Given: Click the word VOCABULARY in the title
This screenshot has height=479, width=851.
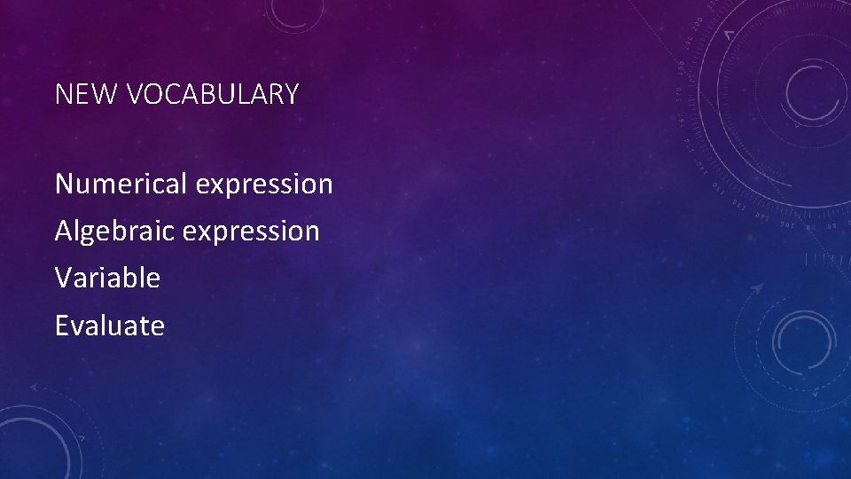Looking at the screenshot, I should [x=213, y=94].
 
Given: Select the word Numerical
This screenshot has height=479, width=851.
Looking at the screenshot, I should [x=121, y=185].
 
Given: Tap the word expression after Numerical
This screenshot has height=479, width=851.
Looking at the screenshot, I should [x=264, y=185].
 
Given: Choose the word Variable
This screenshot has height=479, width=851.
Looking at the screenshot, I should [x=107, y=279].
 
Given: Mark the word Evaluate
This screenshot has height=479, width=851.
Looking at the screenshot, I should [x=110, y=326].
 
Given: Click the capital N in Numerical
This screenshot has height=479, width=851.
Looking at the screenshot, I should [x=64, y=185].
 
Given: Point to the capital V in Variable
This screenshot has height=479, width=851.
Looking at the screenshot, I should [x=63, y=279].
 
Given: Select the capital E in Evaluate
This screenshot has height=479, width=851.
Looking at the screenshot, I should [x=61, y=326].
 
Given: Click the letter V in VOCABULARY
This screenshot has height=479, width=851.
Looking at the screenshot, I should [x=136, y=94].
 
